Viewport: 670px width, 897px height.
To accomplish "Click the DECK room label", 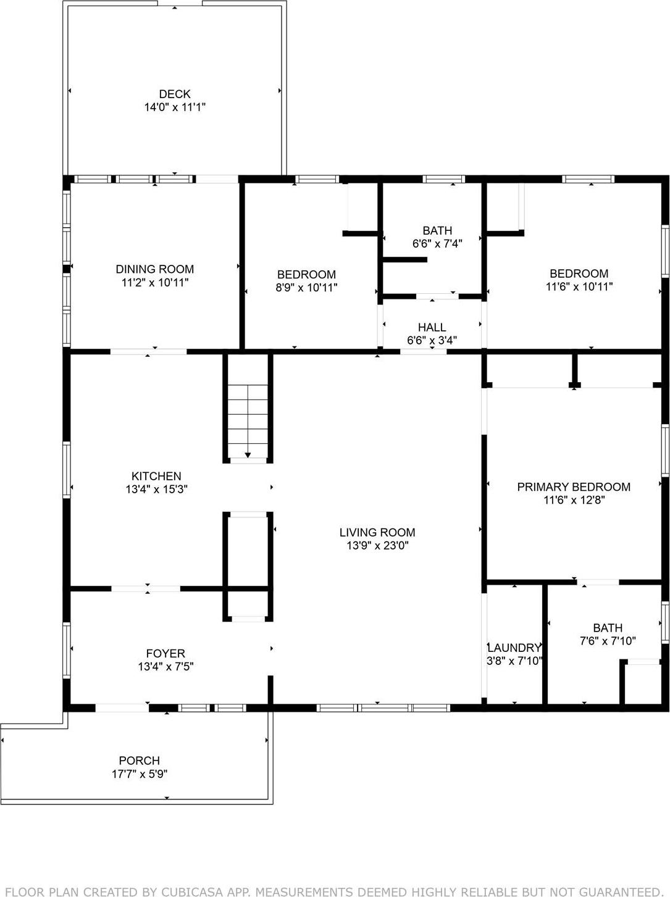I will point(175,94).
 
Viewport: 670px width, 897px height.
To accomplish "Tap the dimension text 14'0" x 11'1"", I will point(175,107).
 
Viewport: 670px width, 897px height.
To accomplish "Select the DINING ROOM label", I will point(154,269).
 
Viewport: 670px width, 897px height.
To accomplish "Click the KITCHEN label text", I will point(156,476).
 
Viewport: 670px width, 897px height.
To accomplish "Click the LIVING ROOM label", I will point(377,532).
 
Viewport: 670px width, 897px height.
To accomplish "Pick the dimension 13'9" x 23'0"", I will point(377,546).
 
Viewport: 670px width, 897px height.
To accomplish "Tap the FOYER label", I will point(165,653).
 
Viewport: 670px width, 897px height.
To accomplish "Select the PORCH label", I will point(139,761).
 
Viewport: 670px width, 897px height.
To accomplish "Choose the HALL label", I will point(432,327).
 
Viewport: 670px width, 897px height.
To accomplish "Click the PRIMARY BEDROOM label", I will point(574,487).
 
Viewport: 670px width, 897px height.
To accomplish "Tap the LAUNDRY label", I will point(514,648).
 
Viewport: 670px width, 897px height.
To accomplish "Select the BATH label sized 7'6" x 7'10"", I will point(608,628).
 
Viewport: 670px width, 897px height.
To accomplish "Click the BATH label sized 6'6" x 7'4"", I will point(437,230).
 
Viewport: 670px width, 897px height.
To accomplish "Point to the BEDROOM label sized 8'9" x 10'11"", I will point(306,275).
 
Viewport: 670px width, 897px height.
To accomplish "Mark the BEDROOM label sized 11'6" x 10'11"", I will point(579,273).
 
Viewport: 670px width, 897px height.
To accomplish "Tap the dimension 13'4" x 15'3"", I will point(156,490).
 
